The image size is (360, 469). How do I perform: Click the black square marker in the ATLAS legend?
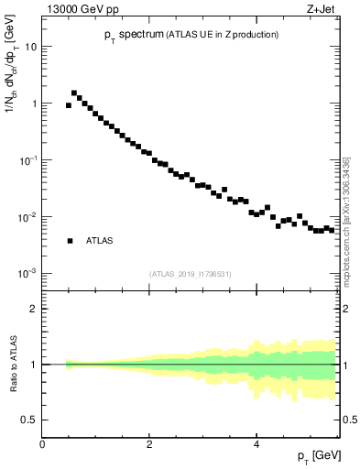tap(69, 241)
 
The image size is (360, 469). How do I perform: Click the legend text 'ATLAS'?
tap(99, 241)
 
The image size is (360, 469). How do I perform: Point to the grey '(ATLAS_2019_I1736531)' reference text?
tap(191, 274)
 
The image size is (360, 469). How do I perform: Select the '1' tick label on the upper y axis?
tap(35, 104)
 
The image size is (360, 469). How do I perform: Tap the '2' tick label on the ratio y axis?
tap(35, 309)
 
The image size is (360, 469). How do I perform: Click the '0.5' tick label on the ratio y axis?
tap(30, 420)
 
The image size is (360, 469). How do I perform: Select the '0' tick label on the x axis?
tap(42, 444)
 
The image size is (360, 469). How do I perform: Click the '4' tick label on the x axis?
tap(256, 444)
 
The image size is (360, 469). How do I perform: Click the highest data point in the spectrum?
tap(74, 93)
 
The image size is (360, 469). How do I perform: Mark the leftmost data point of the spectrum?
tap(69, 105)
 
